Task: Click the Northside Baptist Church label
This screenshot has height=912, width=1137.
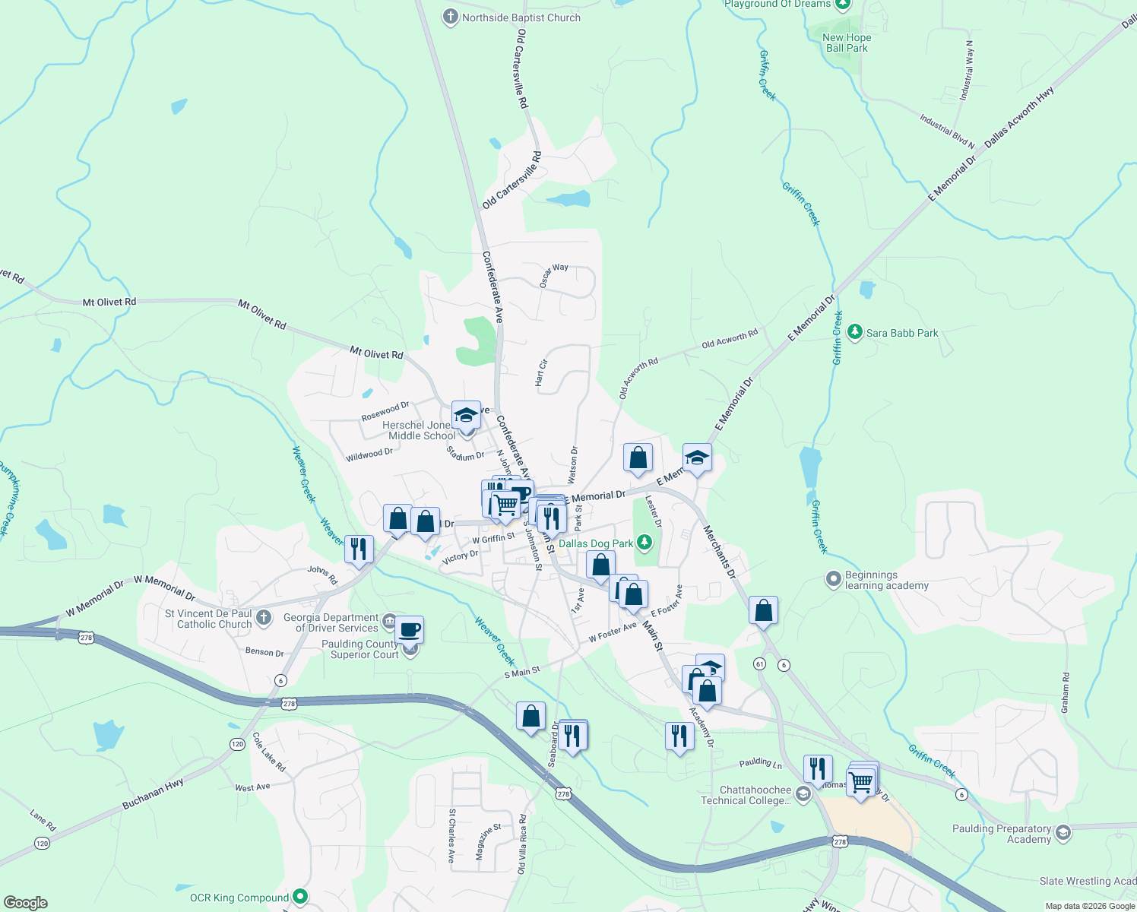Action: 521,17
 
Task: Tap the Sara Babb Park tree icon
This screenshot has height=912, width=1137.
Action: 855,332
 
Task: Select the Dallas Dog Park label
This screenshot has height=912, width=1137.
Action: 596,543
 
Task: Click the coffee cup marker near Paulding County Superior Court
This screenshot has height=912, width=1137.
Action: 409,629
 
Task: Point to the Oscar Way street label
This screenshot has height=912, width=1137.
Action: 554,275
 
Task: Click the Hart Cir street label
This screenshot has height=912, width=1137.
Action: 540,373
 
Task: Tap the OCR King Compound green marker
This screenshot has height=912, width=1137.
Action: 300,897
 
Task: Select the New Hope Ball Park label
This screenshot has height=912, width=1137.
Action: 847,43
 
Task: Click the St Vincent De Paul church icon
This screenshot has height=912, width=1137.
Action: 264,617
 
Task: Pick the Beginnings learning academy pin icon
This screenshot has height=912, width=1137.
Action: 833,579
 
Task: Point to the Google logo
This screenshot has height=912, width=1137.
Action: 25,903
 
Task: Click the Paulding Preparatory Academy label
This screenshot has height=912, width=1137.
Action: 1002,834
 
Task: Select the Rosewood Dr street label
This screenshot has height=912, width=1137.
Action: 385,412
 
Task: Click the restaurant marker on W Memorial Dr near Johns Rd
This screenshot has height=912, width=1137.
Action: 359,549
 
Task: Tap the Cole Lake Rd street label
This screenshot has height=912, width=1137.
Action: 269,752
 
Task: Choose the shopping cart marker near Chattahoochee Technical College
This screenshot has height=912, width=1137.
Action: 861,781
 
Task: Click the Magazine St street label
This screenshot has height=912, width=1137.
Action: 488,842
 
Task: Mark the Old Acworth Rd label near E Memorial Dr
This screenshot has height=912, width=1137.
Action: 730,339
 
